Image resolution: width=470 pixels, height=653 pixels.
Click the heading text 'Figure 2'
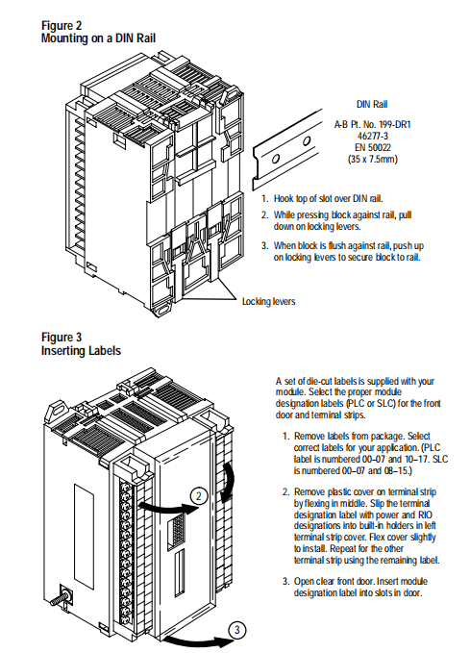(x=62, y=26)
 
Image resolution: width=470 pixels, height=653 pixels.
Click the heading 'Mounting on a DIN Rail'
(x=98, y=38)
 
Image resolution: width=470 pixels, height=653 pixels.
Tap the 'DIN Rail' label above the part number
(x=372, y=104)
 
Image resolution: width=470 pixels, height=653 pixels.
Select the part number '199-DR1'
(x=395, y=124)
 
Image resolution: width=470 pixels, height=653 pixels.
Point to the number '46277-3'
(x=373, y=136)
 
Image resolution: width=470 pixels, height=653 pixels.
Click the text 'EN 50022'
(x=373, y=147)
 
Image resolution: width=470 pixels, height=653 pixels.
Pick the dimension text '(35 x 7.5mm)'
(x=373, y=159)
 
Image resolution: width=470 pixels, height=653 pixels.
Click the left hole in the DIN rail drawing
(x=275, y=159)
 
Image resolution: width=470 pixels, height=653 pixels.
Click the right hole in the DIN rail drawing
(x=307, y=141)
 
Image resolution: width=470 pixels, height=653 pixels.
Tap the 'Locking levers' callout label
(x=268, y=301)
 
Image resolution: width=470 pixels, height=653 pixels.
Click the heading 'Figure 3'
(x=62, y=337)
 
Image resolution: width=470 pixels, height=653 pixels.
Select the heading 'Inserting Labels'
(x=81, y=351)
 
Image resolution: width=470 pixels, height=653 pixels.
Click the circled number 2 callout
(x=199, y=496)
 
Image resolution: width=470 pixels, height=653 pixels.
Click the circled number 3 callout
(x=237, y=630)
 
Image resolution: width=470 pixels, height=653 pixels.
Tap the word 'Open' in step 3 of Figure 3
(x=304, y=582)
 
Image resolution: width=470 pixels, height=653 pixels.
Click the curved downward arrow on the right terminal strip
(x=228, y=481)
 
